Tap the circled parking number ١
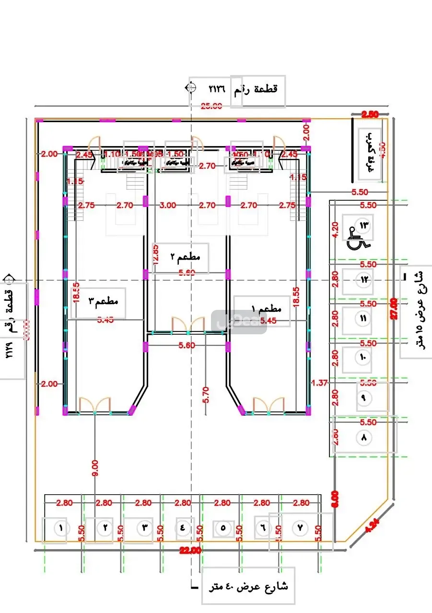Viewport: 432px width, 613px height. click(61, 528)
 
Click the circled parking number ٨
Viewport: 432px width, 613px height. click(363, 437)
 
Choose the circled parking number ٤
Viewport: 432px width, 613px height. click(183, 528)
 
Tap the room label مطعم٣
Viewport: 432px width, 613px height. click(103, 302)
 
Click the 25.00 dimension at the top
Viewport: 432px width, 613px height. click(211, 106)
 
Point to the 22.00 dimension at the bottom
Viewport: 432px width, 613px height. click(190, 551)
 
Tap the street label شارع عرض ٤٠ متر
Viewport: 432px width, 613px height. click(248, 586)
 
